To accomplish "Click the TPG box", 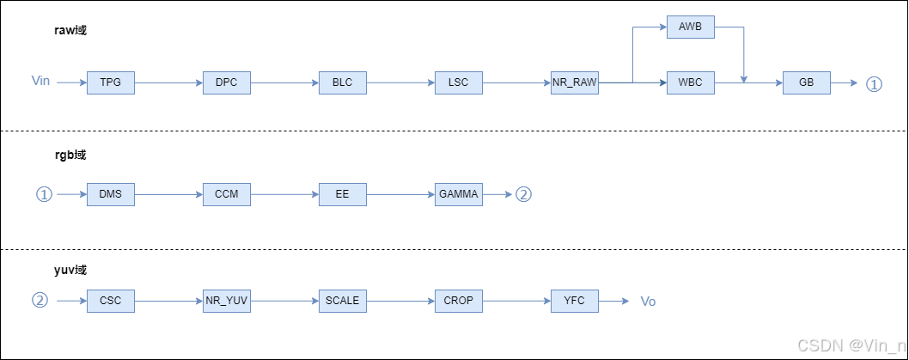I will point(110,82).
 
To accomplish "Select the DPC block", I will point(226,82).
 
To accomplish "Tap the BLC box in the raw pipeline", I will point(342,82).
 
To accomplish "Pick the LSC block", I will point(458,82).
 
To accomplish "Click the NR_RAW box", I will point(575,82).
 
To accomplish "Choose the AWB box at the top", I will point(690,27).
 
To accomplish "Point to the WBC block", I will point(690,82).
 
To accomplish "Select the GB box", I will point(807,82).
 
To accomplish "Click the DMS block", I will point(110,194).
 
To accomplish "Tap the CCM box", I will point(226,194).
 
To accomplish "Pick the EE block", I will point(342,194).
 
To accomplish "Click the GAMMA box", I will point(458,194).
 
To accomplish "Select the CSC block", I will point(110,301).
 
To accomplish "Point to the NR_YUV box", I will point(226,301).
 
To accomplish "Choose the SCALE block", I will point(342,301).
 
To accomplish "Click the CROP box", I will point(458,301).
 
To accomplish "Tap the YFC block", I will point(575,301).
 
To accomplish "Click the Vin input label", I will point(40,81).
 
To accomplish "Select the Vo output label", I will point(649,302).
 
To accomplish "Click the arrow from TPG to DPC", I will point(168,82).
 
